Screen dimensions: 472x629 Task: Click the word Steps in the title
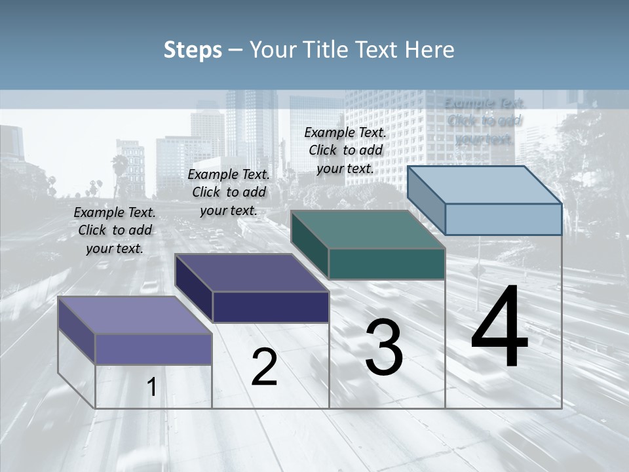pyautogui.click(x=193, y=50)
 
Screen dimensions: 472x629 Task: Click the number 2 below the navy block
pyautogui.click(x=264, y=367)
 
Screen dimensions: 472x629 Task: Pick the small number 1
pyautogui.click(x=152, y=387)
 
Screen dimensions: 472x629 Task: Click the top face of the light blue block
pyautogui.click(x=485, y=185)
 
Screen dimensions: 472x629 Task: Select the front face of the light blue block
pyautogui.click(x=503, y=219)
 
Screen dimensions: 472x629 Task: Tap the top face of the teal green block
pyautogui.click(x=368, y=229)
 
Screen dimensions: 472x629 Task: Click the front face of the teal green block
pyautogui.click(x=387, y=264)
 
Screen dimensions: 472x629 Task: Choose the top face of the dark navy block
pyautogui.click(x=252, y=273)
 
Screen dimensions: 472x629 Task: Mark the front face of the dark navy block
pyautogui.click(x=271, y=307)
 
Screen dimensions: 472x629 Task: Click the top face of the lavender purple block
pyautogui.click(x=135, y=315)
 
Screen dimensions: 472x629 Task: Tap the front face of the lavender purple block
pyautogui.click(x=153, y=349)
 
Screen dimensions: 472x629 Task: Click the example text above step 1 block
pyautogui.click(x=115, y=230)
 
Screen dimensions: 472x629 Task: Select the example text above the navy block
pyautogui.click(x=229, y=192)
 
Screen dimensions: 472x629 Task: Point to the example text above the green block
pyautogui.click(x=345, y=150)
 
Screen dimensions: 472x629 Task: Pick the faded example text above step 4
pyautogui.click(x=484, y=121)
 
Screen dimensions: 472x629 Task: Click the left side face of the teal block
pyautogui.click(x=310, y=244)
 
